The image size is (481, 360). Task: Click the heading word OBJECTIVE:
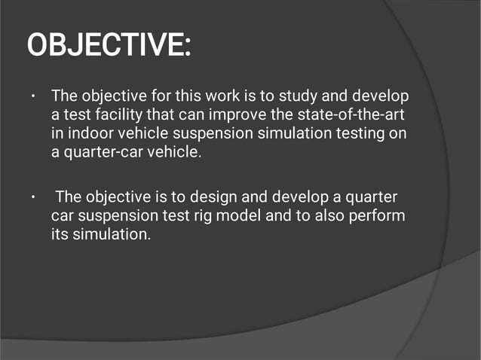click(109, 46)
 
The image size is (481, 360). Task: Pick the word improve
click(229, 114)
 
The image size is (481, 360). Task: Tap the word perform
click(379, 216)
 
